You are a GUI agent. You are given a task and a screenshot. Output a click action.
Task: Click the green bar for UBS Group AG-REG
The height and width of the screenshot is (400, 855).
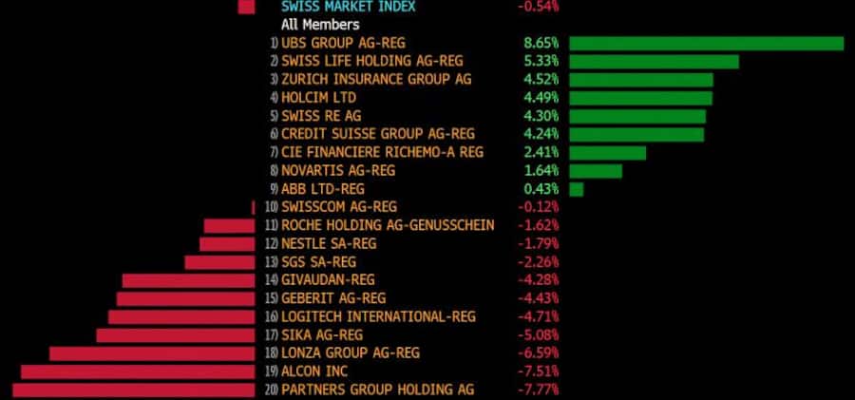pyautogui.click(x=706, y=43)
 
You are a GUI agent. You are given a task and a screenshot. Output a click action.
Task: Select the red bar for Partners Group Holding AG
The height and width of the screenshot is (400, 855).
pyautogui.click(x=134, y=390)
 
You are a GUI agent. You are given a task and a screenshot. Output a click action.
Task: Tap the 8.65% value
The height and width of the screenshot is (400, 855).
pyautogui.click(x=538, y=43)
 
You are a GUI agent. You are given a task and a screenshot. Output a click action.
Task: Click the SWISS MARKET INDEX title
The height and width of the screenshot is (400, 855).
pyautogui.click(x=348, y=7)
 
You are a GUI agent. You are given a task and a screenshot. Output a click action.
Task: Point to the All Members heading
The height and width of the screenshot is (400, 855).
pyautogui.click(x=320, y=25)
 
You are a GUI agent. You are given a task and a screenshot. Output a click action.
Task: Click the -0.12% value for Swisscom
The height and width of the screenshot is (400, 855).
pyautogui.click(x=538, y=207)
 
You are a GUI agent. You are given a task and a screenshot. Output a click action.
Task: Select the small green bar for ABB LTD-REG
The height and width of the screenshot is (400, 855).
pyautogui.click(x=576, y=189)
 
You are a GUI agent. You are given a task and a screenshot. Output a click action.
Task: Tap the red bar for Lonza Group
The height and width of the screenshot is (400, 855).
pyautogui.click(x=152, y=353)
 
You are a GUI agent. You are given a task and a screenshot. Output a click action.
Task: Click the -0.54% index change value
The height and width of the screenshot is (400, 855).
pyautogui.click(x=538, y=7)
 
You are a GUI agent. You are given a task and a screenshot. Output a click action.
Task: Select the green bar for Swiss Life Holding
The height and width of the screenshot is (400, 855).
pyautogui.click(x=654, y=62)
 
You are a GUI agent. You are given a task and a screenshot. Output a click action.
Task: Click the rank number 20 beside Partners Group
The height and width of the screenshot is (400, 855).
pyautogui.click(x=272, y=390)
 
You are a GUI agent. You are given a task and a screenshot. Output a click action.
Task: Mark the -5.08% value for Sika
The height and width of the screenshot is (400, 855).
pyautogui.click(x=538, y=335)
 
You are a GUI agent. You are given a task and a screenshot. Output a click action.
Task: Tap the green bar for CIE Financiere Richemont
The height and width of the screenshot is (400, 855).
pyautogui.click(x=607, y=152)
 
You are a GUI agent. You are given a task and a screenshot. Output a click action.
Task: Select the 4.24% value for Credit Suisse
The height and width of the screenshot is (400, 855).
pyautogui.click(x=538, y=134)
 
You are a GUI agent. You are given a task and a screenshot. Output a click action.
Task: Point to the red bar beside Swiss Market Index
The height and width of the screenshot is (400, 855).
pyautogui.click(x=247, y=7)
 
